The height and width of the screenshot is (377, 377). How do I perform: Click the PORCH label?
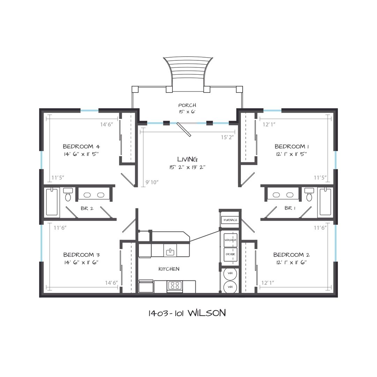click(187, 105)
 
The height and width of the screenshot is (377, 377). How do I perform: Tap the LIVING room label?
click(187, 159)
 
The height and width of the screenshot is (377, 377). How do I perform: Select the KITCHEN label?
click(169, 269)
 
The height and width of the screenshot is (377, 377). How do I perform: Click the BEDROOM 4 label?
click(81, 146)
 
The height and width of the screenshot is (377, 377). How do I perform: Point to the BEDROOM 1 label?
click(291, 146)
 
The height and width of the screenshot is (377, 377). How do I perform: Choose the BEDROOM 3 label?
click(81, 254)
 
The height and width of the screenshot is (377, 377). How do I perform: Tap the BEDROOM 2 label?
click(291, 254)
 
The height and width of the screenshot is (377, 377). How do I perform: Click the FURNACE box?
click(230, 220)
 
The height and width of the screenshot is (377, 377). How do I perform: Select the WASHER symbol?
click(230, 240)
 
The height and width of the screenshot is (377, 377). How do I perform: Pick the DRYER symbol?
click(230, 254)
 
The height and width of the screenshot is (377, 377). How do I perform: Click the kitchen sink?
click(170, 252)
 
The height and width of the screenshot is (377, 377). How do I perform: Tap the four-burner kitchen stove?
click(175, 286)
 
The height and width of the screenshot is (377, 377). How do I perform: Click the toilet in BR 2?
click(68, 194)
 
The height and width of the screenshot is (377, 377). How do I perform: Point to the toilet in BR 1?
click(309, 194)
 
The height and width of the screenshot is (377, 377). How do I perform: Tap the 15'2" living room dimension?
click(227, 137)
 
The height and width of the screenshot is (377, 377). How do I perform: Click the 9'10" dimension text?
click(152, 182)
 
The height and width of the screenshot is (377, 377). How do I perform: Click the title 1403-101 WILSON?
click(187, 313)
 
